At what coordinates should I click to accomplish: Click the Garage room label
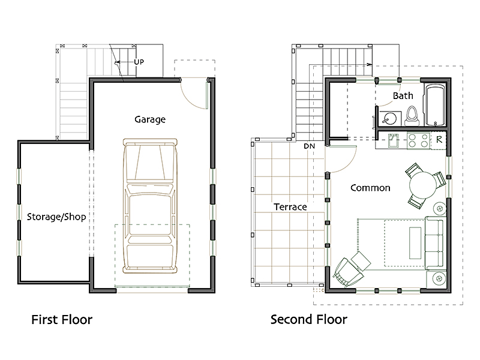click(150, 119)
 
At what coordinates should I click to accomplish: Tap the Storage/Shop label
click(56, 217)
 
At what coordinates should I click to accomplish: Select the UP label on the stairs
click(139, 62)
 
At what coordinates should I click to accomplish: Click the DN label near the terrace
click(309, 146)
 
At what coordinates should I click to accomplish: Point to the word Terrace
click(290, 207)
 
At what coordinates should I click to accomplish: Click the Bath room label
click(403, 96)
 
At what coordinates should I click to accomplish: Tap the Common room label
click(370, 188)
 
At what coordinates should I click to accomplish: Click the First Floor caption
click(62, 320)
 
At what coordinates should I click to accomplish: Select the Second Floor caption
click(308, 320)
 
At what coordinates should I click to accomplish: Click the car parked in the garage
click(150, 206)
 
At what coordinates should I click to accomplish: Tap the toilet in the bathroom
click(412, 116)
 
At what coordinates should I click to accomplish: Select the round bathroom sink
click(389, 118)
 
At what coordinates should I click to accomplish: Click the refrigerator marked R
click(439, 140)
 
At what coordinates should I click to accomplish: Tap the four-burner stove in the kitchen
click(418, 140)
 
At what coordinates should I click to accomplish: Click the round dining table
click(423, 185)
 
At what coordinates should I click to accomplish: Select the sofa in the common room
click(434, 243)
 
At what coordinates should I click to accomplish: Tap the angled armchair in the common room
click(349, 272)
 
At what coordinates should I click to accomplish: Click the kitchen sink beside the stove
click(393, 140)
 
